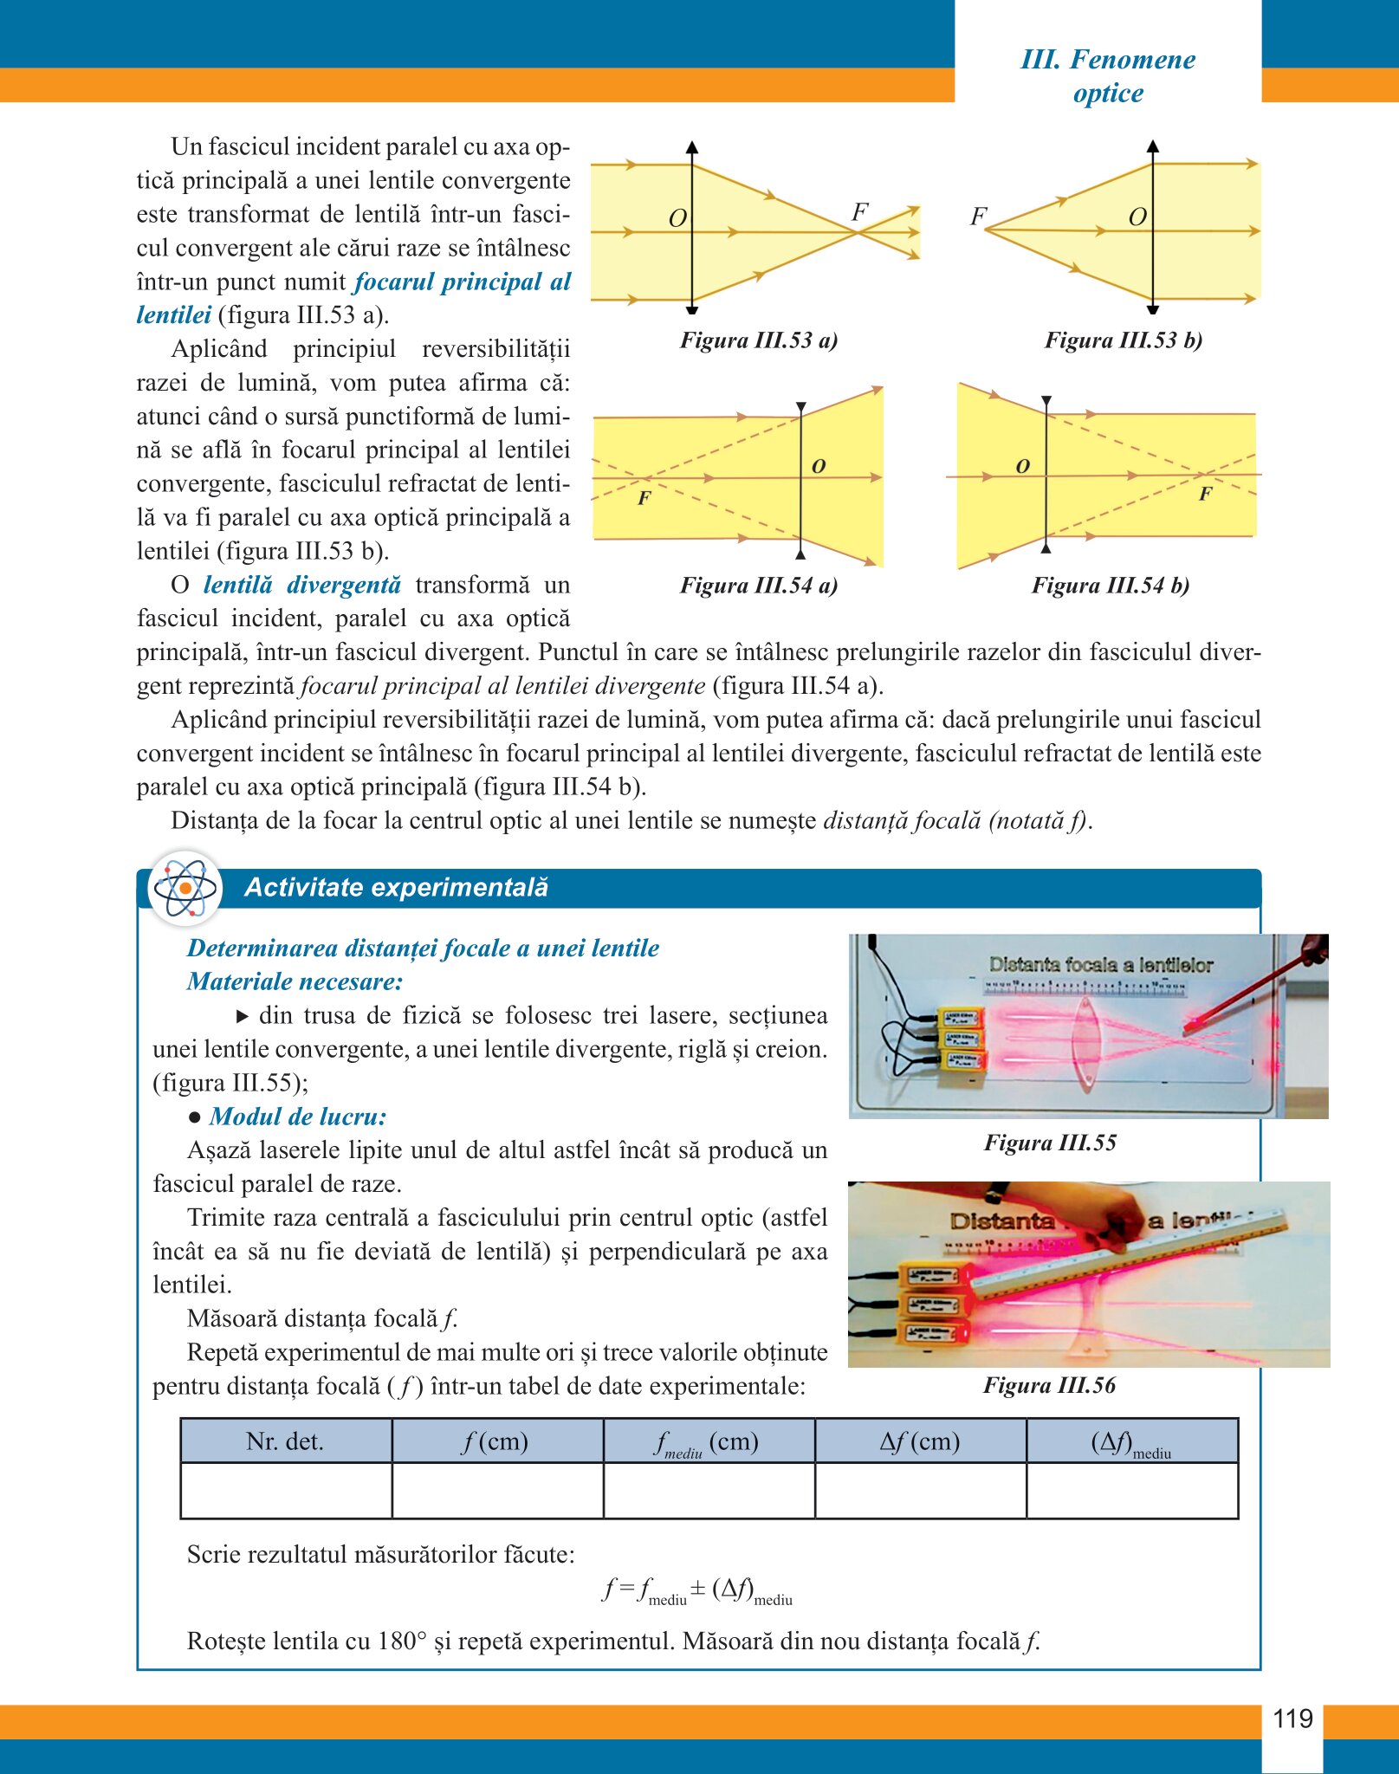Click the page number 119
point(1292,1719)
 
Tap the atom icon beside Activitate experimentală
point(185,888)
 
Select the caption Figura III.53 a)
point(758,340)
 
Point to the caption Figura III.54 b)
point(1110,586)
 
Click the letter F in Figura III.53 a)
point(859,212)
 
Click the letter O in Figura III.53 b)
point(1137,217)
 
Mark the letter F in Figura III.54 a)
point(644,498)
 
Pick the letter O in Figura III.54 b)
point(1022,467)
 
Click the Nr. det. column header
point(285,1441)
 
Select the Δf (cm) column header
point(920,1441)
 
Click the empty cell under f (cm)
point(497,1491)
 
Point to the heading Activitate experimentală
point(396,888)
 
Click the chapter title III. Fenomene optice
point(1108,76)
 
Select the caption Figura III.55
point(1050,1143)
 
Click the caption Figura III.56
point(1049,1386)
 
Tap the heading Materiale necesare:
point(295,981)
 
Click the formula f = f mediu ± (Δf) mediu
point(697,1591)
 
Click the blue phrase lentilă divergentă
point(302,586)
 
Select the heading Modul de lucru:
point(297,1117)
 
